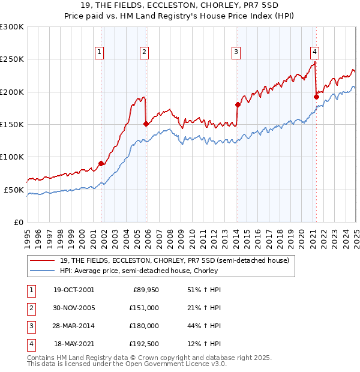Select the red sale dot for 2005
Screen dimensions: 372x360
tap(146, 124)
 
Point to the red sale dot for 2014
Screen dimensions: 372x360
tap(238, 105)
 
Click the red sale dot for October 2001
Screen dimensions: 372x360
tap(101, 163)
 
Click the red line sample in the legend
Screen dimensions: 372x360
tap(42, 260)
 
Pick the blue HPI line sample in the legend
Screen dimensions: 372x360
tap(42, 271)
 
